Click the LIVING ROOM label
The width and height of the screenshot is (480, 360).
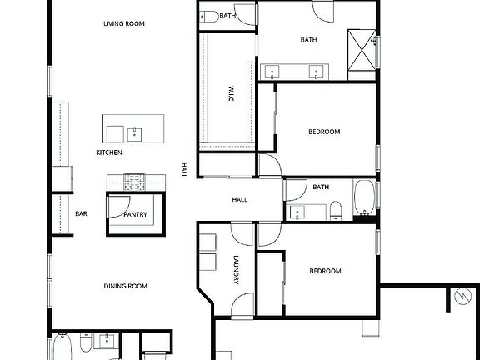click(124, 23)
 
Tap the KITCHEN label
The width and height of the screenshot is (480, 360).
click(109, 153)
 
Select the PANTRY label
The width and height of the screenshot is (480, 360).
click(135, 215)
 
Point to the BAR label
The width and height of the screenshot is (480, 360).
click(81, 214)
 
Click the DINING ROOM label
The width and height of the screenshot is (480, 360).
click(126, 287)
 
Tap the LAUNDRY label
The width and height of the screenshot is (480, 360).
click(237, 270)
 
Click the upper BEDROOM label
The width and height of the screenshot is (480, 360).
click(324, 132)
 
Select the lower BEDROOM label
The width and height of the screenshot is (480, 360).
click(325, 272)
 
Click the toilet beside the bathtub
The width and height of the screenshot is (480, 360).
click(334, 210)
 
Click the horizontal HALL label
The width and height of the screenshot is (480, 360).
click(239, 200)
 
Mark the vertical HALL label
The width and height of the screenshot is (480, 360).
click(183, 171)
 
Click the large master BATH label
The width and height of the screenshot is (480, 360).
click(309, 39)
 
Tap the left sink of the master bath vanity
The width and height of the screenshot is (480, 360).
click(272, 72)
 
